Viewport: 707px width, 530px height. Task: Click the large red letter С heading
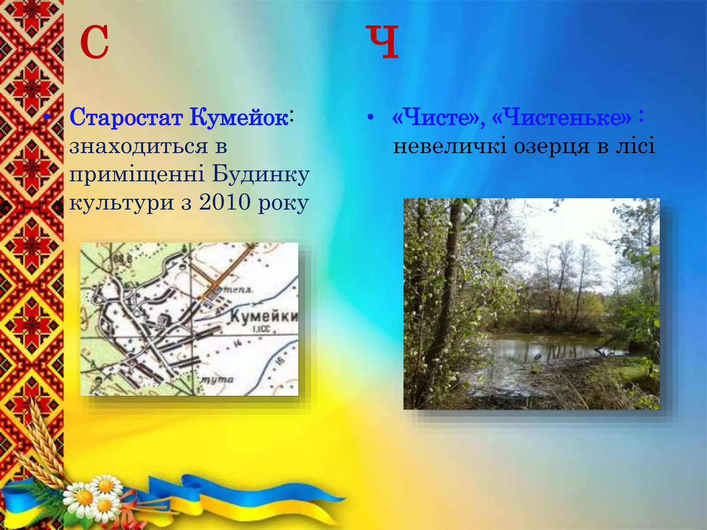pyautogui.click(x=94, y=43)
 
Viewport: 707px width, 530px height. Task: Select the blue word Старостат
pyautogui.click(x=126, y=118)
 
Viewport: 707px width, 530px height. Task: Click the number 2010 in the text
pyautogui.click(x=225, y=203)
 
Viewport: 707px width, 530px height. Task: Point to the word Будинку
pyautogui.click(x=261, y=174)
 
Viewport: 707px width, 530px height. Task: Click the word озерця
pyautogui.click(x=552, y=146)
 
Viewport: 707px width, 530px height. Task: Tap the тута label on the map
pyautogui.click(x=217, y=380)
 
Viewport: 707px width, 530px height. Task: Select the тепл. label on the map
pyautogui.click(x=238, y=290)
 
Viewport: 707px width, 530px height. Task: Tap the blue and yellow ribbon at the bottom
pyautogui.click(x=242, y=497)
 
